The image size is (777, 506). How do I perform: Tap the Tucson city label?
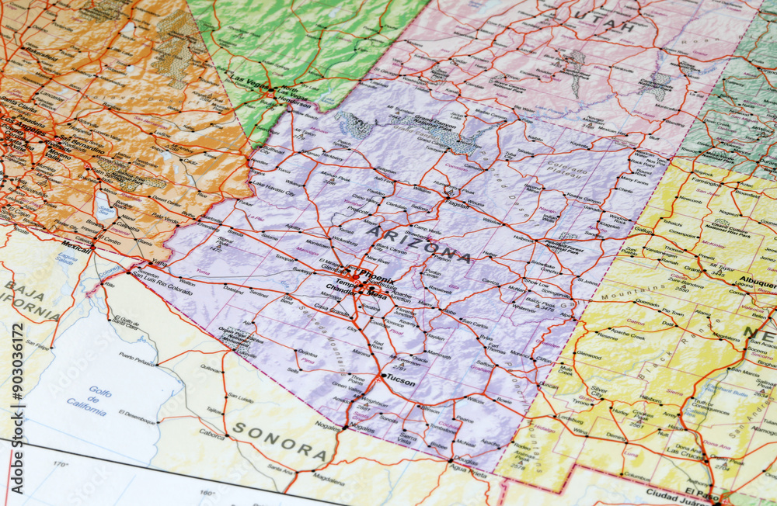tap(400, 382)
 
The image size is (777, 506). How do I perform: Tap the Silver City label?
tap(598, 391)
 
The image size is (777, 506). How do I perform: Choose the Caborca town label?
tap(211, 433)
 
